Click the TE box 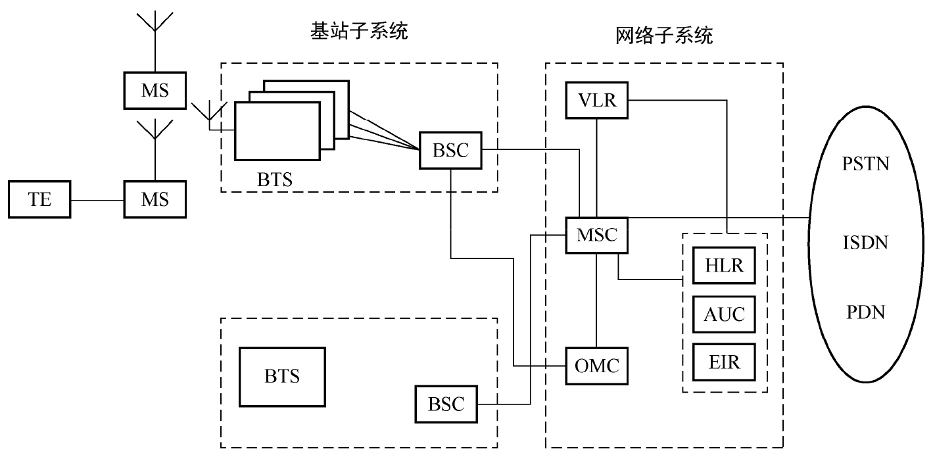39,199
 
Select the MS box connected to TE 155,199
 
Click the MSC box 596,235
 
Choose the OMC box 596,366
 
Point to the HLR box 724,265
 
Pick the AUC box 724,314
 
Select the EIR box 724,362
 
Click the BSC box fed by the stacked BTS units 450,150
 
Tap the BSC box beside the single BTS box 446,404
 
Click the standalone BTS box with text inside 282,377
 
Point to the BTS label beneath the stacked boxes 275,179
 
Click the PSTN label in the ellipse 865,163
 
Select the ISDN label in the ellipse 865,243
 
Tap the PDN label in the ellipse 865,312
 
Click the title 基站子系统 359,31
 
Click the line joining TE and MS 97,199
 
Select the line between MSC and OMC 596,300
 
